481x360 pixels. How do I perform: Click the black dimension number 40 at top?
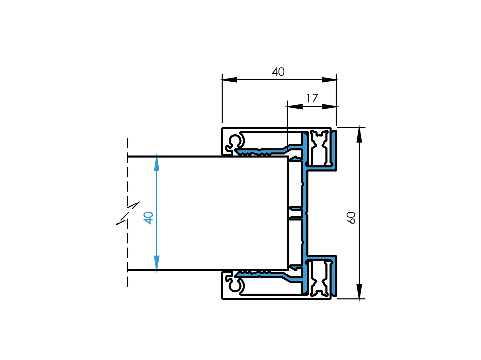(278, 72)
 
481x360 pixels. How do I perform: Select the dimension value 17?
(312, 99)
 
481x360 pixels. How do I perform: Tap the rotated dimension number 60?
(351, 217)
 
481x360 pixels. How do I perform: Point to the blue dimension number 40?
(148, 217)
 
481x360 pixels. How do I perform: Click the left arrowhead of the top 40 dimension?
(229, 80)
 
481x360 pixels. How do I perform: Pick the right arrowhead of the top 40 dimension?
(329, 80)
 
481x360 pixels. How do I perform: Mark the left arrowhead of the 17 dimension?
(295, 107)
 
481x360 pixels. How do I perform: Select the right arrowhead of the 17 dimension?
(329, 107)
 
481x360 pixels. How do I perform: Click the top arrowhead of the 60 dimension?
(359, 135)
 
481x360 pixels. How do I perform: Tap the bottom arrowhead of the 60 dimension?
(359, 292)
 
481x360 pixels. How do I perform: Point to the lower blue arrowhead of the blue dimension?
(157, 263)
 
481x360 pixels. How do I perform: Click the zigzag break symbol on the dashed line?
(128, 213)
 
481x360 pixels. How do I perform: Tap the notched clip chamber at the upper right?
(319, 148)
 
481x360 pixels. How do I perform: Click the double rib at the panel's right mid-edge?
(295, 213)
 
